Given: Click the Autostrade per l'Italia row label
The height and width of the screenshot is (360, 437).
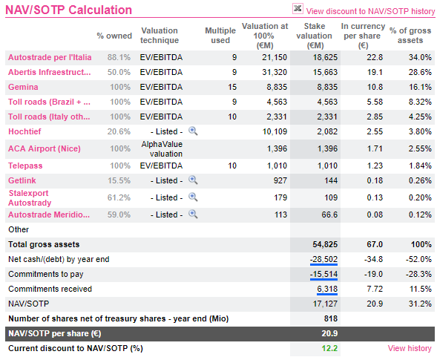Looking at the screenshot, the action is [50, 57].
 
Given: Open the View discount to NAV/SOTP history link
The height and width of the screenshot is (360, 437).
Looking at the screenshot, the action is [370, 11].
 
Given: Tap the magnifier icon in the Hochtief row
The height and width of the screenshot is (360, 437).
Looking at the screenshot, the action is [193, 131].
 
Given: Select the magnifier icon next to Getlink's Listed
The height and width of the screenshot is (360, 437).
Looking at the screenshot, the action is [193, 180].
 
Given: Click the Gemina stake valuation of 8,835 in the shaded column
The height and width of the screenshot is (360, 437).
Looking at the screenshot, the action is [327, 87].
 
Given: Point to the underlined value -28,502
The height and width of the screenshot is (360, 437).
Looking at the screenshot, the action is [323, 259].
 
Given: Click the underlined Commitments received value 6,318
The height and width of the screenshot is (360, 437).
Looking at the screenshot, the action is [327, 289].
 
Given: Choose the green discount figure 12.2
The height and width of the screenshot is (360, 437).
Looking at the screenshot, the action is [329, 348].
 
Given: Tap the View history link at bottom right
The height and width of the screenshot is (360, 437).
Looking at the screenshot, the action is [410, 348].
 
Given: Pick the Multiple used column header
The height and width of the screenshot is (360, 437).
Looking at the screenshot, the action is [220, 36].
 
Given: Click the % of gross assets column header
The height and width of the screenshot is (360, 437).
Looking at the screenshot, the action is [410, 36].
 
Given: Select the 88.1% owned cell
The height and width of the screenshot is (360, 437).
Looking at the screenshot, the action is [119, 57].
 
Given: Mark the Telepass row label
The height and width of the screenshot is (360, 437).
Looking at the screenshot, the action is [25, 166].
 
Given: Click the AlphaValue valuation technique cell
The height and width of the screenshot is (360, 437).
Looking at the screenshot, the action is [162, 149].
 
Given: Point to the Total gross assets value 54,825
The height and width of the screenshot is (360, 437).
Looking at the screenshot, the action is [325, 244].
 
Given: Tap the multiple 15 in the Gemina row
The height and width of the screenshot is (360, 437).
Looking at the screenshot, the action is [232, 87].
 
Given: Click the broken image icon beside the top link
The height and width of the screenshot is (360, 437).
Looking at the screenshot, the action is [298, 9].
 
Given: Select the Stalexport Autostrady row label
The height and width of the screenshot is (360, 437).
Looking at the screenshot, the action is [30, 198].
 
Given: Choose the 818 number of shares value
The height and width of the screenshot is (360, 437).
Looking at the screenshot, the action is [331, 318].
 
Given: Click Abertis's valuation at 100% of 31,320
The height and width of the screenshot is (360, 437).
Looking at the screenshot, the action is [275, 72].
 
